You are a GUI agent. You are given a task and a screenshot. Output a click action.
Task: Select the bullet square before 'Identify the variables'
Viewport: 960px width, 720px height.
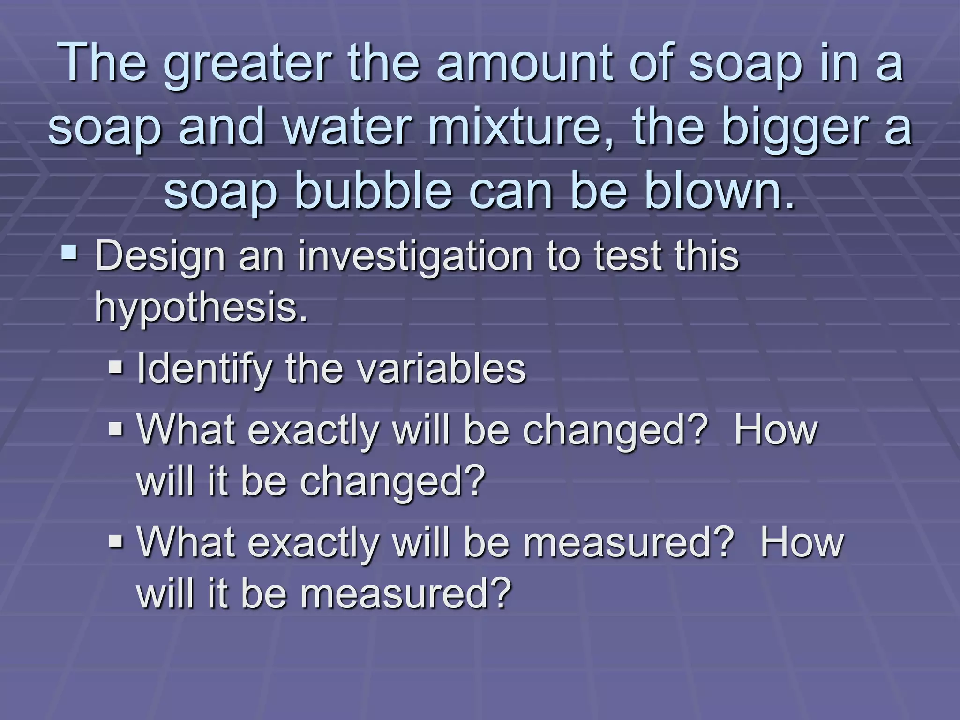point(115,366)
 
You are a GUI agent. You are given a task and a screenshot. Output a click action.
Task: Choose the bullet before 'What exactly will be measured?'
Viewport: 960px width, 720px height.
point(115,541)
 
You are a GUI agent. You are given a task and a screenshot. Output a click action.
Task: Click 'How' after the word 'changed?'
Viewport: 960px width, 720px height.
point(776,429)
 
